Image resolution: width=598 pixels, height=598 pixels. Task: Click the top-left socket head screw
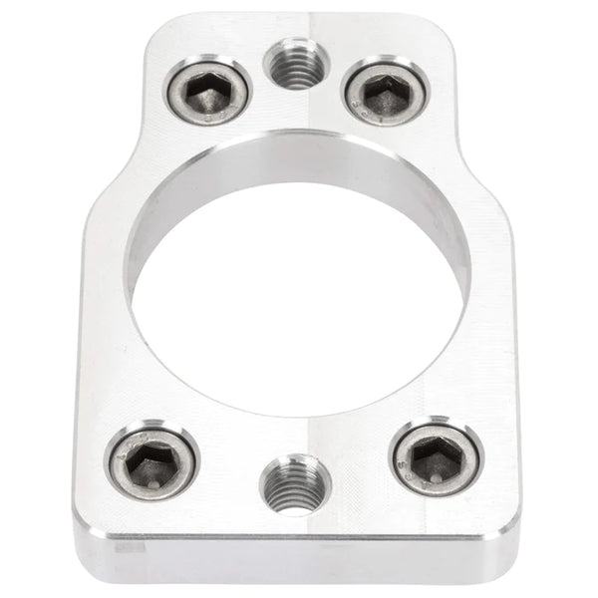208,91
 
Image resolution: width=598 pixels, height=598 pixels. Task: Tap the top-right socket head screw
386,94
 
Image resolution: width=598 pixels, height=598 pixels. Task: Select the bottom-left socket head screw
152,461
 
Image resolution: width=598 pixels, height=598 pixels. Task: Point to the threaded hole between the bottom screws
291,483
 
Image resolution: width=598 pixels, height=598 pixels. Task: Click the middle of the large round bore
297,299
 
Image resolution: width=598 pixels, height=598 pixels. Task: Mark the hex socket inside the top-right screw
386,95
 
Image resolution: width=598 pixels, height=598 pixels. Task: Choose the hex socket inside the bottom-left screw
151,462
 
